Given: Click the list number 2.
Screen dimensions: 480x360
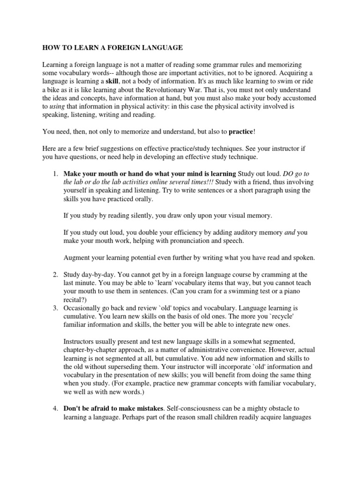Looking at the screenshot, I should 53,274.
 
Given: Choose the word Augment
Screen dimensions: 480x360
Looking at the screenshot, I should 78,257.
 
